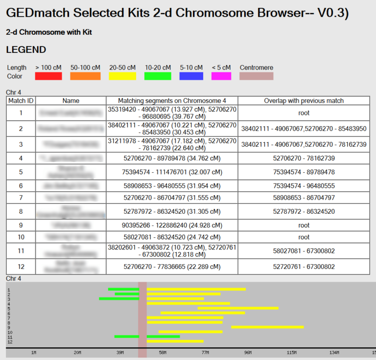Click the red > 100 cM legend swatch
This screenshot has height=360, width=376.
48,76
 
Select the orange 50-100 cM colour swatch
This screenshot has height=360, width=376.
85,76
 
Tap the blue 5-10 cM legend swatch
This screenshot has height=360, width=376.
191,76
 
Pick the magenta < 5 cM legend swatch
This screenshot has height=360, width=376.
221,76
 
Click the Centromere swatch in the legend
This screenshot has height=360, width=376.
256,76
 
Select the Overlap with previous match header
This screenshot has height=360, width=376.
304,101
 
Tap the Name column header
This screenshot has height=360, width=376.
71,101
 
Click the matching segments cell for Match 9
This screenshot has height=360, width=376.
172,225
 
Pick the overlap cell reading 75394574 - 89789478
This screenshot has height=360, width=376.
304,172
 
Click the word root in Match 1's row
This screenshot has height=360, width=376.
304,113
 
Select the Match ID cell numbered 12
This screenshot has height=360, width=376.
21,267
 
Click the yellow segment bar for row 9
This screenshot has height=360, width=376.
267,327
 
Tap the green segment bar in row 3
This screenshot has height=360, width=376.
119,298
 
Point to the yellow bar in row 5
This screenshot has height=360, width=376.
238,308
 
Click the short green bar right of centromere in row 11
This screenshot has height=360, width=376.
163,337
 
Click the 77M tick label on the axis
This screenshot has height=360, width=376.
205,353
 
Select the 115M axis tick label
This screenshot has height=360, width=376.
291,353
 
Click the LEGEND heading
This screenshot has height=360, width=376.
26,50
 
